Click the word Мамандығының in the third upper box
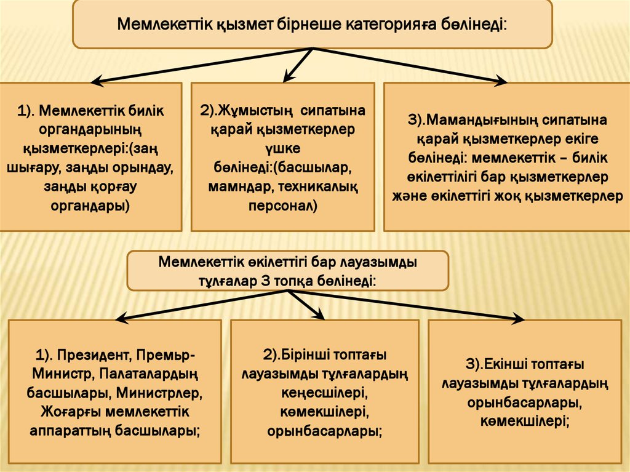pyautogui.click(x=485, y=119)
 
